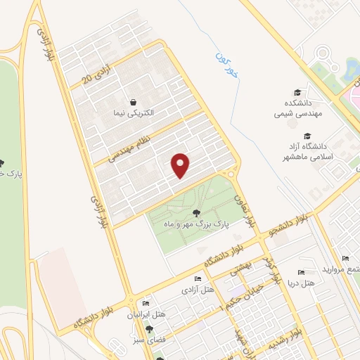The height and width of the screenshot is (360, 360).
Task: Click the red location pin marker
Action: coord(181,165)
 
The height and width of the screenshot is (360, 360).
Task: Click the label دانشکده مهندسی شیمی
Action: coord(297,108)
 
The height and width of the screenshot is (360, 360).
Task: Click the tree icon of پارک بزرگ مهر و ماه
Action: coord(196,213)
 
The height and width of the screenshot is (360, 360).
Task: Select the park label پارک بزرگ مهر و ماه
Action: coord(188,224)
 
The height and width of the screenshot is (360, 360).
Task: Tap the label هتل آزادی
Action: coord(198,289)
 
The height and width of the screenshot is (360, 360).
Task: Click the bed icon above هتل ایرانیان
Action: coord(146,304)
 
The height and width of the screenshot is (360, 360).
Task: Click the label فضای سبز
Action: coord(148,339)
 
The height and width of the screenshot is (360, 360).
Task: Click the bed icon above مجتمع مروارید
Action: coord(345,259)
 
